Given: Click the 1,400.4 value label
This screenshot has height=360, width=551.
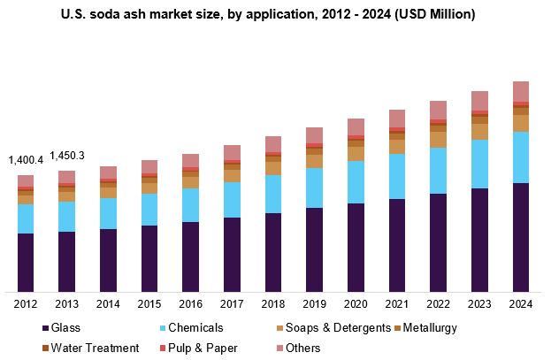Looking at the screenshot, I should tap(26, 160).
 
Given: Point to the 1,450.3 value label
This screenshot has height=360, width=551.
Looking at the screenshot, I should tap(67, 156).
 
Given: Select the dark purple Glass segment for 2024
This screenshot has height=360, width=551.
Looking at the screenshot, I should tap(521, 237).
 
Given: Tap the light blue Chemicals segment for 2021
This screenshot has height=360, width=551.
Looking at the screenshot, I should tap(397, 176).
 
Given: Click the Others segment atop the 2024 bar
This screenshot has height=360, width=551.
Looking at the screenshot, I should tap(521, 91).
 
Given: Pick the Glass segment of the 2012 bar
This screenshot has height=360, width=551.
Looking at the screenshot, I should tap(26, 262).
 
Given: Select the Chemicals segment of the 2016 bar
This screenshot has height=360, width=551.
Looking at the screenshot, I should tap(191, 204).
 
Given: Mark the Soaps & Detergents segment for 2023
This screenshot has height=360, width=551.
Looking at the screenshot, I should tap(479, 131).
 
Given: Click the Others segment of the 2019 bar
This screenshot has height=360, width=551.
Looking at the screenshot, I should tap(315, 134).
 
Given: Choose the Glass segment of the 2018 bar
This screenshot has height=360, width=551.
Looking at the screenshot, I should tap(273, 251).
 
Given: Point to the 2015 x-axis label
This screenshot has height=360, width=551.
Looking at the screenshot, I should tap(149, 304).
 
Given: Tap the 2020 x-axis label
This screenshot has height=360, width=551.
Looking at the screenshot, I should tap(356, 304).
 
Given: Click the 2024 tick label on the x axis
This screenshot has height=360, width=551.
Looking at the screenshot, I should tap(521, 304).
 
